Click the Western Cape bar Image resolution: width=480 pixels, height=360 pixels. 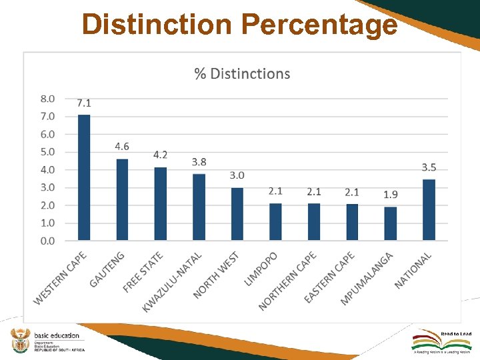[84, 177]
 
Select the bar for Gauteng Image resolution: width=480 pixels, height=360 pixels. [122, 199]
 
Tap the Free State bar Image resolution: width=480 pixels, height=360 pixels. [161, 203]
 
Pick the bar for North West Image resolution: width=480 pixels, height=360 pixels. [237, 213]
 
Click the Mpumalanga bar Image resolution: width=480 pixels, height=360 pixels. [391, 223]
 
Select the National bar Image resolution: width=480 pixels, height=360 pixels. [429, 209]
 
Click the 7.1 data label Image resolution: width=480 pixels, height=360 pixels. [84, 103]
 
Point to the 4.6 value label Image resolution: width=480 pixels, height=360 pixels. [122, 146]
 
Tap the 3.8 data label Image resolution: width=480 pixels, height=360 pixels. [199, 162]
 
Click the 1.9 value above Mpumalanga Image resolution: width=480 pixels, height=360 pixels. [391, 195]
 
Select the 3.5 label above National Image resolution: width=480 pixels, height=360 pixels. [429, 166]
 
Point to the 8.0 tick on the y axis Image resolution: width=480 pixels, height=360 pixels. [47, 99]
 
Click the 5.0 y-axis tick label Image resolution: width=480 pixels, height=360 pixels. [47, 152]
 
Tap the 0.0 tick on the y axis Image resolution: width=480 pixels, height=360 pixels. [47, 241]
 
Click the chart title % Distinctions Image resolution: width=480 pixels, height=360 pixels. [242, 73]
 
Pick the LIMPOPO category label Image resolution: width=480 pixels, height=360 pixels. [262, 269]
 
